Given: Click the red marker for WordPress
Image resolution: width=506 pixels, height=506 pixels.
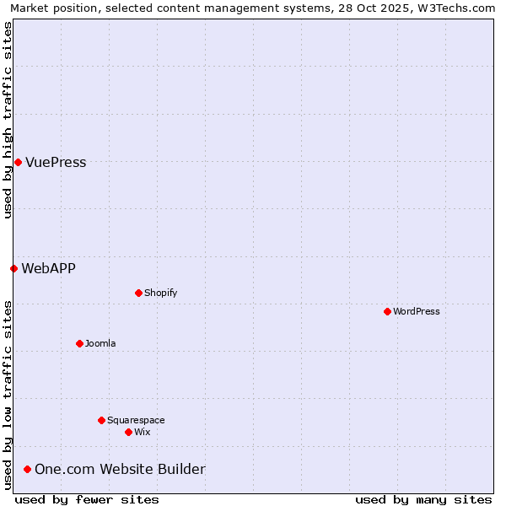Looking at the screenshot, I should coord(387,311).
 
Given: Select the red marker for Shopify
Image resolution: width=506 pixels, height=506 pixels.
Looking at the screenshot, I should coord(138,293).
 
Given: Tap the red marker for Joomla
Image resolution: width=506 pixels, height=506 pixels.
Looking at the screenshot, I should coord(79,343).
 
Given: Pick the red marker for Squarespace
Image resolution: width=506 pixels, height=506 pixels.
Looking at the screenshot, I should coord(101,420).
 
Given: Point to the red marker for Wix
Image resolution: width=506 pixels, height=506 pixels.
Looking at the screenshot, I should coord(128,432).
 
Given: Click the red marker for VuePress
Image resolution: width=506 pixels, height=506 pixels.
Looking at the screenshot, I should coord(18,162).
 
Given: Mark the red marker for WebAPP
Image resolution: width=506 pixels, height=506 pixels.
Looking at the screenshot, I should coord(13,268).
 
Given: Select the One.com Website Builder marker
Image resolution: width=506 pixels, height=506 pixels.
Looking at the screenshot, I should coord(28,469).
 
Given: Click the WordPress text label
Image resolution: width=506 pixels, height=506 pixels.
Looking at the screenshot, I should coord(417,311).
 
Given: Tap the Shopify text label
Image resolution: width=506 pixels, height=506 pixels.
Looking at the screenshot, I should coord(160,293).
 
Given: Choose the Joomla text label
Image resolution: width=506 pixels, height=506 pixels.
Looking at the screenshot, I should coord(100,343).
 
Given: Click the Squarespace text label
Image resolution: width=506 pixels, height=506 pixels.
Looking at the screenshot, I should coord(136,420).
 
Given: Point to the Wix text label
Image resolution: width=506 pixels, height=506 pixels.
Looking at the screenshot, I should coord(143,432).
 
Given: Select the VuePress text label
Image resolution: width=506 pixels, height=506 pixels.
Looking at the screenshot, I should coord(56,162).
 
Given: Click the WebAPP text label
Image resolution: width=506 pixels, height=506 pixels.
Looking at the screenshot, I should coord(48,268).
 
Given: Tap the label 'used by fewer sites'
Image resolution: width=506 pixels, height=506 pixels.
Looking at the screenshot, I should coord(87,499).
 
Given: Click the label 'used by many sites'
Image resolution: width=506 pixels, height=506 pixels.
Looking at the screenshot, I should coord(423,499).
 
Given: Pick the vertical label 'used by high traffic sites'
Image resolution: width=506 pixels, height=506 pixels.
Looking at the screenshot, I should coord(8,120).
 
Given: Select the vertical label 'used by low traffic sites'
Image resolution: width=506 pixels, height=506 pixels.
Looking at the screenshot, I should coord(8,395).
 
